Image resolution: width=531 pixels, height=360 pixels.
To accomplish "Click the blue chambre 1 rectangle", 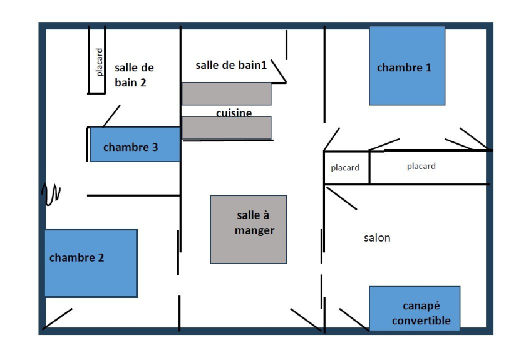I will click(407, 66).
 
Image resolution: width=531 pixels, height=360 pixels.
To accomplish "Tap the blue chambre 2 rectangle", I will click(91, 263).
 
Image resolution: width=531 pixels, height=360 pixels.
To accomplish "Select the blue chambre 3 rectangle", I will click(135, 145).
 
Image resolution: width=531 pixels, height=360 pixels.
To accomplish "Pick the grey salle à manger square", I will click(248, 229).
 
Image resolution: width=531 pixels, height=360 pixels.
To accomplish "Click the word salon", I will click(377, 238).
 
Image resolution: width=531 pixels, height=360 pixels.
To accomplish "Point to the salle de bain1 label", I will click(231, 65).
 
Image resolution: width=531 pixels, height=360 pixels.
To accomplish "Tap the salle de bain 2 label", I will click(133, 75).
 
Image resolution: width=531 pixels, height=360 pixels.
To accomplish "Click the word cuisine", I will click(234, 113).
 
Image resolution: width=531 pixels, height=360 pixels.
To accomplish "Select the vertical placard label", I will click(99, 61).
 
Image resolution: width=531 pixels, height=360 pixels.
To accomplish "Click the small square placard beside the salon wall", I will click(346, 168).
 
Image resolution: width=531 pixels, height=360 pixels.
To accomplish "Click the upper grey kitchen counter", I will click(226, 94).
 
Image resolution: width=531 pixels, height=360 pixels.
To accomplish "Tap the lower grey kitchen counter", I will click(226, 128).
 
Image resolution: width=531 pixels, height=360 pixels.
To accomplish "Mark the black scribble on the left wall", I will click(50, 194).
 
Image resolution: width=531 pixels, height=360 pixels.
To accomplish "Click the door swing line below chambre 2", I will click(57, 319).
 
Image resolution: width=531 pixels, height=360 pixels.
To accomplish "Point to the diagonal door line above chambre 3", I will click(111, 116).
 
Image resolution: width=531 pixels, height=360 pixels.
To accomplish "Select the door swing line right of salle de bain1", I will click(279, 72).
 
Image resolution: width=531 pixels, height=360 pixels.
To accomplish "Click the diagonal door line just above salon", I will click(341, 198).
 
